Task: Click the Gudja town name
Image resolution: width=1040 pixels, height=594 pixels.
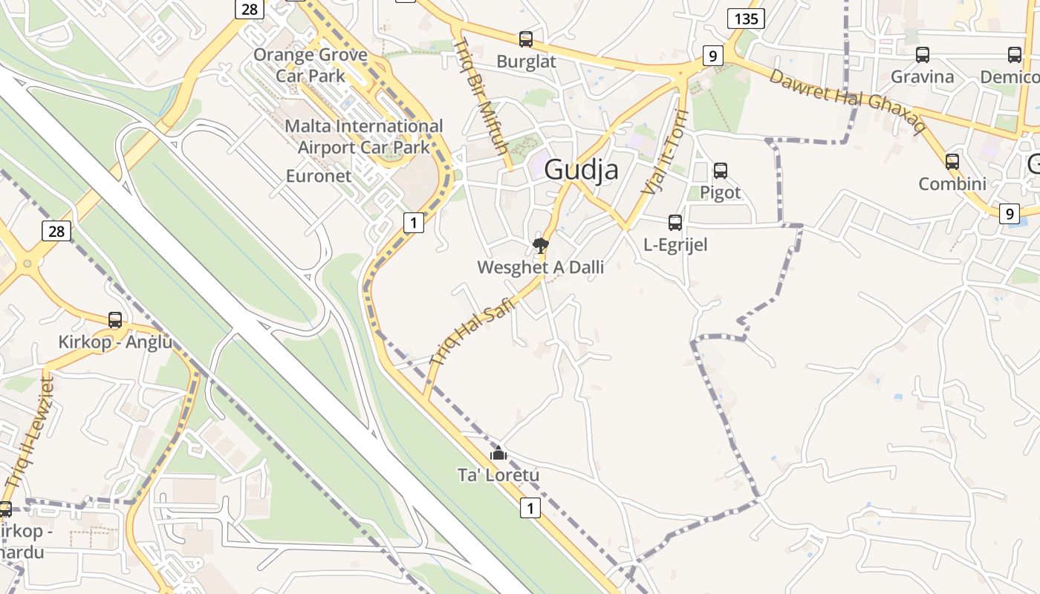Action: point(581,170)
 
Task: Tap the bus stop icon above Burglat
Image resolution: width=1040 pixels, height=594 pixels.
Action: point(526,39)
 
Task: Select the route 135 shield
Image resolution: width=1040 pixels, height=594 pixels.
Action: point(746,18)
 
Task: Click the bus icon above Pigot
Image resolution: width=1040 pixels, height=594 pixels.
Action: point(720,171)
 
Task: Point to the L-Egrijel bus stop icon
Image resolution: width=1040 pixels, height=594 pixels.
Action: point(675,222)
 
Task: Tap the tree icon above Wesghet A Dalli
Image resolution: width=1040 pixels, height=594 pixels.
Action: point(541,245)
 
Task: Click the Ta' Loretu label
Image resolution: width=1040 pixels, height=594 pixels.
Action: point(498,475)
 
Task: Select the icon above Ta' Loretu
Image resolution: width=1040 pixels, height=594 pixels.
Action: point(498,453)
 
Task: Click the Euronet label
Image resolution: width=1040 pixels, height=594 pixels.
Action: point(319,176)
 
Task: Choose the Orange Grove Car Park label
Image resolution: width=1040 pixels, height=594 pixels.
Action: point(311,65)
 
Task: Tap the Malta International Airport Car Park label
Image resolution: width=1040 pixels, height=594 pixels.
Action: point(364,137)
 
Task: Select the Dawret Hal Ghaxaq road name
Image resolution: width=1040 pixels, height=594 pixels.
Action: point(847,100)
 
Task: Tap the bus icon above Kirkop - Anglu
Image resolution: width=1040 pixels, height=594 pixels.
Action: point(115,320)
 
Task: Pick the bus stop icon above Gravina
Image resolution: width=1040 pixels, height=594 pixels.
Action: point(922,54)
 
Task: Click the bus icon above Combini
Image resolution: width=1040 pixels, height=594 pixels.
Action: point(952,161)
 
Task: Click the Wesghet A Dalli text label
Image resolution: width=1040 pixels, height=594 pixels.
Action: point(540,267)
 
